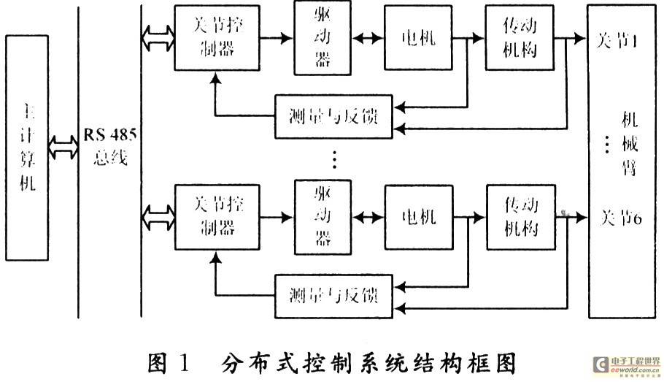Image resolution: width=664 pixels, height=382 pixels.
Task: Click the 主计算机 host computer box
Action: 27,146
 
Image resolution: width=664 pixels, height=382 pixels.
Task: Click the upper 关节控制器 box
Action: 217,38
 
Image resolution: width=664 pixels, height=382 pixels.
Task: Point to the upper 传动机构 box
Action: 521,38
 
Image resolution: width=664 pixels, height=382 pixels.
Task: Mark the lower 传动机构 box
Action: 521,218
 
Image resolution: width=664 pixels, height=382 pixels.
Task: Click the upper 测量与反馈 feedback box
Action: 333,116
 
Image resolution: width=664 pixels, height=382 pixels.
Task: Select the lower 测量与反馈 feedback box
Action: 333,297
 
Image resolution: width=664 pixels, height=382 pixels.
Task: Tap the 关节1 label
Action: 617,41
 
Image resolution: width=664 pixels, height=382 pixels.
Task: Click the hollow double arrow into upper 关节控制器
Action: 158,38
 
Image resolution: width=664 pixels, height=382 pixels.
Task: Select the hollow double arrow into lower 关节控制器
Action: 158,218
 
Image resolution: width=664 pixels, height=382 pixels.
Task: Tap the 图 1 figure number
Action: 169,362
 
